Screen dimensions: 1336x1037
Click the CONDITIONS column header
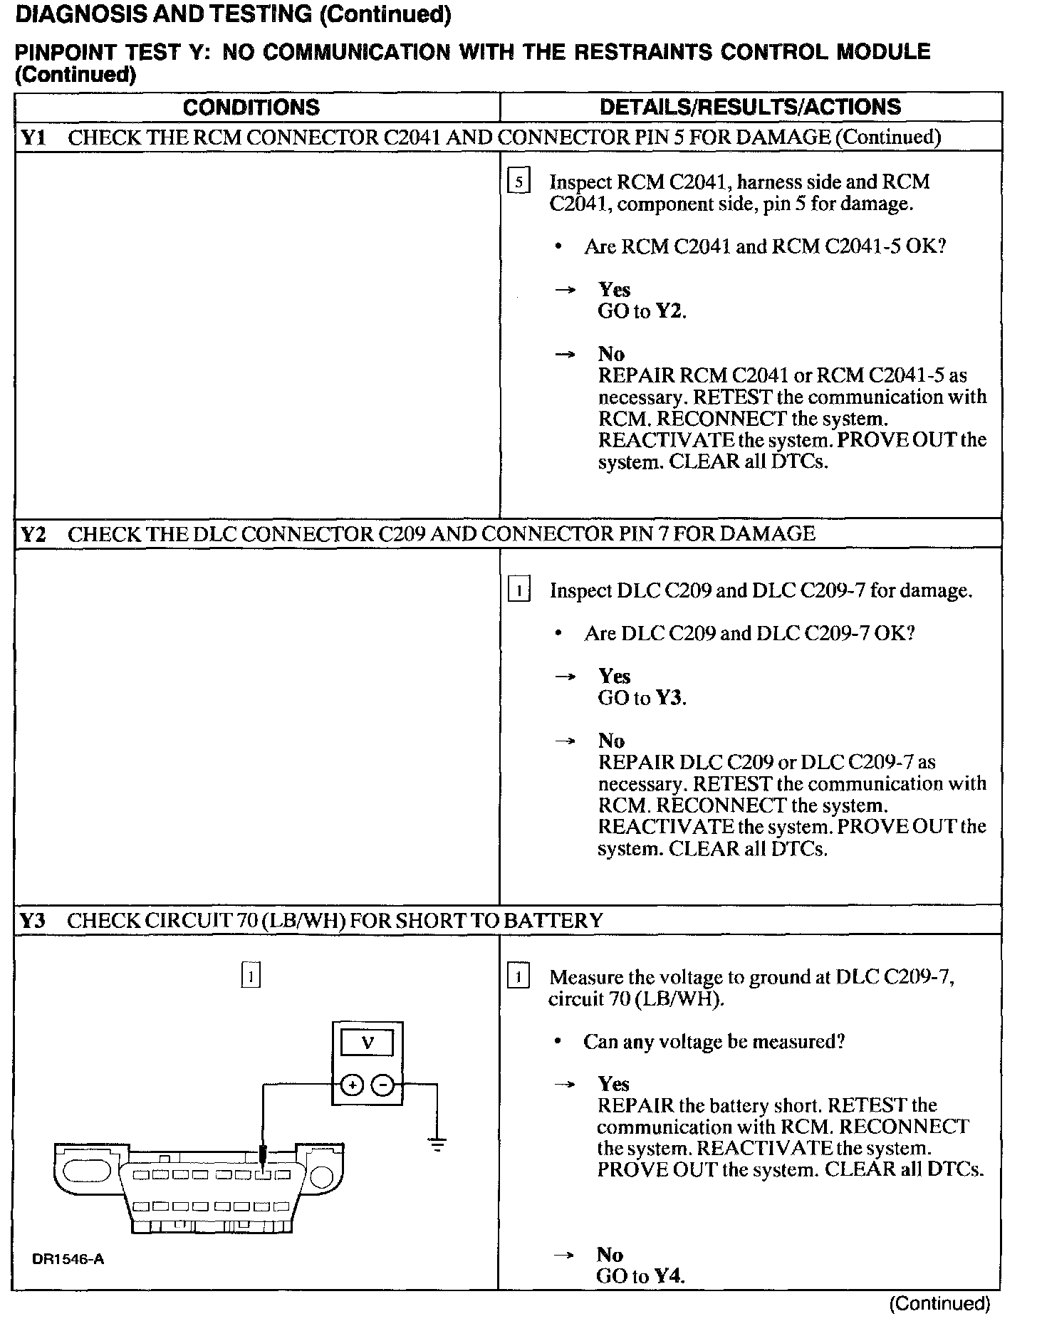[251, 108]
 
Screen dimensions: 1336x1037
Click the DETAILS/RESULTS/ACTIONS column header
[750, 108]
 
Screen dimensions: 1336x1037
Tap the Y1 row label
[33, 137]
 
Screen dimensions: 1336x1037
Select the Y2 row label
[33, 534]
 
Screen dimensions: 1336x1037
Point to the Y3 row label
[33, 921]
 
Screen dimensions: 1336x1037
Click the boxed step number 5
[518, 183]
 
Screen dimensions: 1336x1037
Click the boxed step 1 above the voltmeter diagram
[251, 975]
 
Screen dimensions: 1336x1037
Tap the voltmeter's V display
[368, 1044]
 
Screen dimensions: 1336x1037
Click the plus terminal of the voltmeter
[352, 1085]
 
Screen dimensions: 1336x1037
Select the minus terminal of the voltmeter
[383, 1085]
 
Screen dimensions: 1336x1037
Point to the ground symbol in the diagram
[437, 1146]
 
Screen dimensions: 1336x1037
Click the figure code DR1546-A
[68, 1259]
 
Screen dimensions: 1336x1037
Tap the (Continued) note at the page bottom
[940, 1303]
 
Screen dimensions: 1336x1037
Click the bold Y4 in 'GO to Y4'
[668, 1276]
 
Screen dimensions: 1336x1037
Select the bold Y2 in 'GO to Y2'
[669, 311]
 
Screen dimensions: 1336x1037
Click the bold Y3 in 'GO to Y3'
[669, 698]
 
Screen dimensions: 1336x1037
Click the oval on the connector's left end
[87, 1171]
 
